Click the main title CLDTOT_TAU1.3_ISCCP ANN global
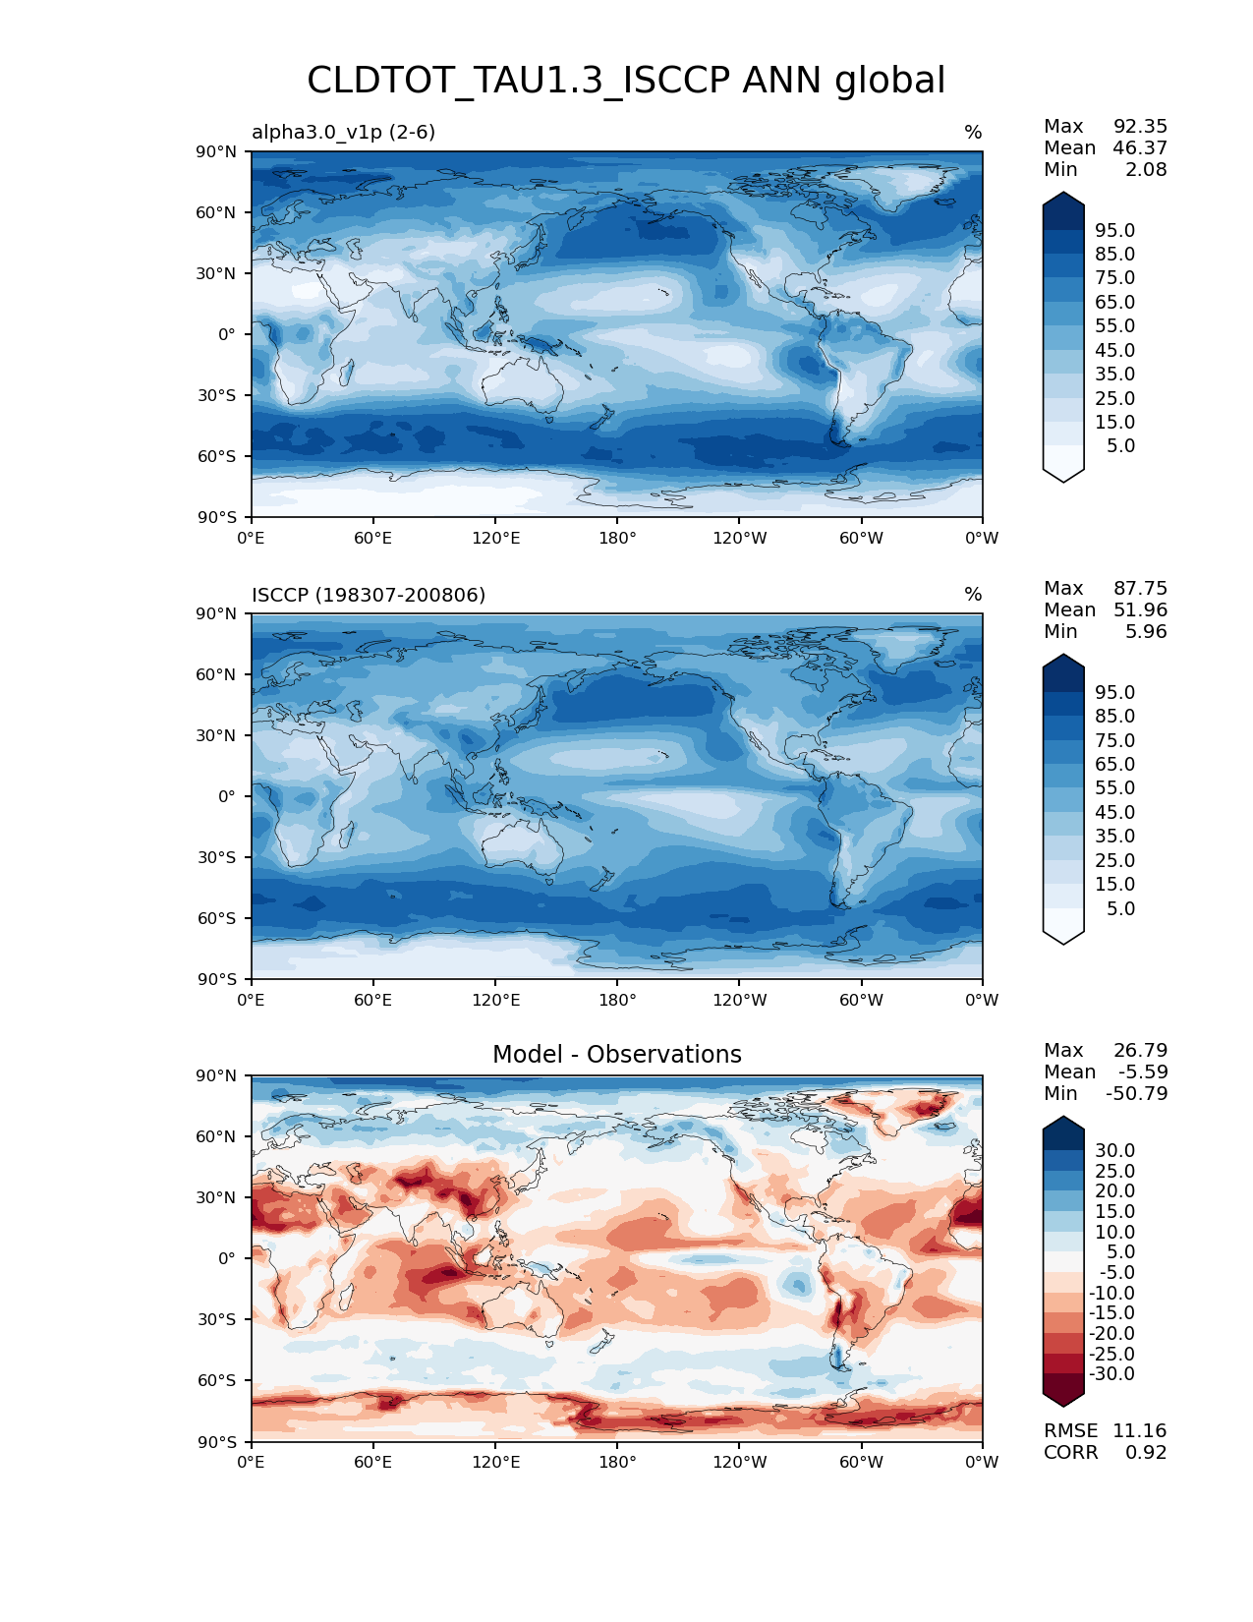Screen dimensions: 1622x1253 626,81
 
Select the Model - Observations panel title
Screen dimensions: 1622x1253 616,1055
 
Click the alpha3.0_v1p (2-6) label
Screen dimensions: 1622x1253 343,132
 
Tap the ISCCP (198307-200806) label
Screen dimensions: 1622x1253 369,595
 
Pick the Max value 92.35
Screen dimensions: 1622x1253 1140,126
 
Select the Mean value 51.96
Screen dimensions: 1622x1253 1140,609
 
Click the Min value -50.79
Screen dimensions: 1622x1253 1136,1093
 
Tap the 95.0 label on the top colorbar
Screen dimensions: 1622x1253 1114,230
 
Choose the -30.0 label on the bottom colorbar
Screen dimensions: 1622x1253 1111,1373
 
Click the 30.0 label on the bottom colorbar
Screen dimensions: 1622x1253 1114,1150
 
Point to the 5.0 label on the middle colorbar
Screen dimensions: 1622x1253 1120,908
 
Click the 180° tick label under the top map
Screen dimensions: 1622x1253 617,538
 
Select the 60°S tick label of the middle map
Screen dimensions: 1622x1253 217,918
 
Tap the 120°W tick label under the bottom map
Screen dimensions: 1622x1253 739,1462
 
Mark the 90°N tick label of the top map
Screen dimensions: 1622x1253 217,151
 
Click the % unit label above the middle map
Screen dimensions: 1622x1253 973,595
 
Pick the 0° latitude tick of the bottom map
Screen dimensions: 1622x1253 227,1258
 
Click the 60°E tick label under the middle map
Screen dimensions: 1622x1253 373,1000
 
